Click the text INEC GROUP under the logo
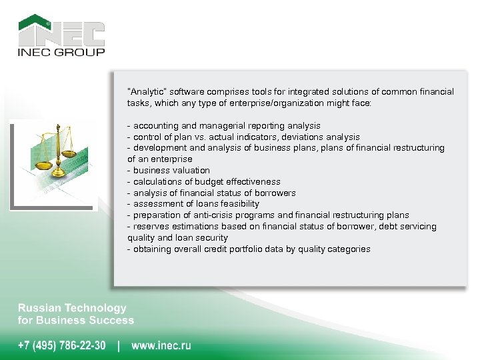click(61, 52)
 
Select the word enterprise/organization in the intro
click(283, 103)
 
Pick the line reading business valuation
click(171, 170)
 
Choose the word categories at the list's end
click(347, 249)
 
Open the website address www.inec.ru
click(161, 345)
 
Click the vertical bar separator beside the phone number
click(119, 345)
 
